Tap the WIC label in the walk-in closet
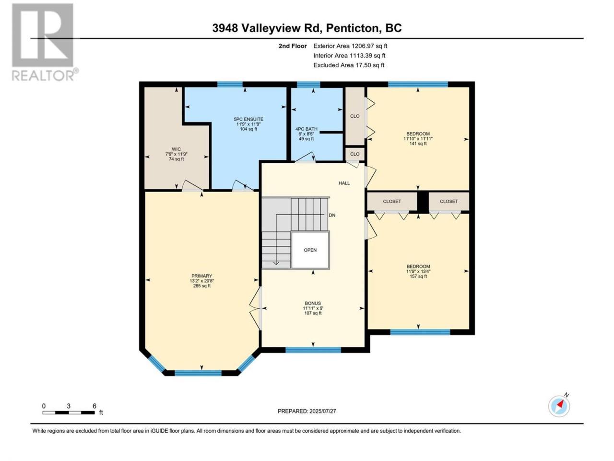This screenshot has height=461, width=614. (x=176, y=149)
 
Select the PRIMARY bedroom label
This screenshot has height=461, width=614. (x=201, y=276)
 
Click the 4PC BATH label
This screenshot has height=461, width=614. (x=307, y=129)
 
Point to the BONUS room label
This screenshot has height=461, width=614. (x=313, y=303)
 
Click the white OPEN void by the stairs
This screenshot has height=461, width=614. (x=310, y=250)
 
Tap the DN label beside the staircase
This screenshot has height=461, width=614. (x=332, y=215)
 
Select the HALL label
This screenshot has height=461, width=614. (x=344, y=183)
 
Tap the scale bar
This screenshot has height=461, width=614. (x=69, y=412)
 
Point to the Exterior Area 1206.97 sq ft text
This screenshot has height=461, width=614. (x=350, y=46)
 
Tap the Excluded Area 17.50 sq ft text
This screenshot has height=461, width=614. (x=349, y=65)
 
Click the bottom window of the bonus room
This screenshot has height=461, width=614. (x=313, y=350)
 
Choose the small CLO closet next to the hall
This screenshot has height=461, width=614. (x=354, y=154)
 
